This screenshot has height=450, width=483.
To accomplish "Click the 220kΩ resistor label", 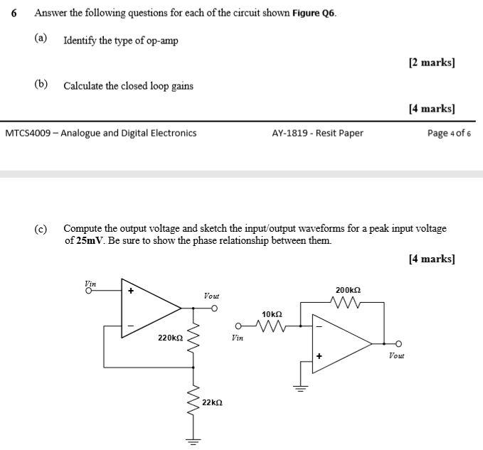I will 171,338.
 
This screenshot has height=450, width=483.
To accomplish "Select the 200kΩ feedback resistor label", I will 348,290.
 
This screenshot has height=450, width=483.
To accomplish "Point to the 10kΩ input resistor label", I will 272,314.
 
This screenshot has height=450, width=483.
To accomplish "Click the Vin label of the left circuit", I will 90,283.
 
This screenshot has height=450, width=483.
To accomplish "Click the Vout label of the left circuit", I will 211,295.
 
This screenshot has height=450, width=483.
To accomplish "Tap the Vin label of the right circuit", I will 238,338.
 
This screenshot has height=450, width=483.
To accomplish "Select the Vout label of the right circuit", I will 397,355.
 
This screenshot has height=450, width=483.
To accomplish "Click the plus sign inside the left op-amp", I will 131,290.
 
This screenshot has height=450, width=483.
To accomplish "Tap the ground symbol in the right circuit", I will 300,387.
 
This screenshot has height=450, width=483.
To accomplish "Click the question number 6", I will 14,14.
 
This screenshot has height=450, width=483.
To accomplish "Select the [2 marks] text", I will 432,63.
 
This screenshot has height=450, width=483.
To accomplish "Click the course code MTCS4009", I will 29,133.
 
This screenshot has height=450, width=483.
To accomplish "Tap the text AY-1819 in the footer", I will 290,133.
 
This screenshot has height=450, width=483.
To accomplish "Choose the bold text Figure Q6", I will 314,14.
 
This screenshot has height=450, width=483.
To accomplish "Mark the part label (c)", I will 41,229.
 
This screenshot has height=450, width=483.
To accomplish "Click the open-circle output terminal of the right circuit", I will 399,343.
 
